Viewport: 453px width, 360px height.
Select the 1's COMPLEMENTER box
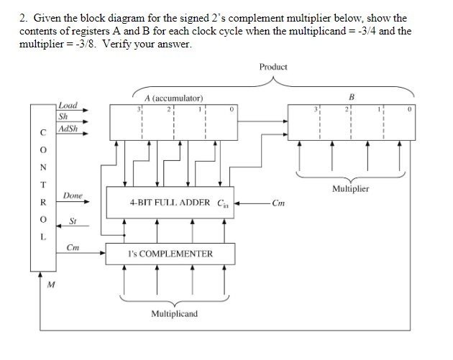click(x=170, y=254)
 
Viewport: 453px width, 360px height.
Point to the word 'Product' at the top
click(x=273, y=67)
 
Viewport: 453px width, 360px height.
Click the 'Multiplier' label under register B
click(x=350, y=189)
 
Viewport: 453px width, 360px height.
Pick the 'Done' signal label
click(x=73, y=195)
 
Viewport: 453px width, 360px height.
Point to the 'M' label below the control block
click(x=49, y=285)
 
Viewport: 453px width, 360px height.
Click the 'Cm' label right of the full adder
click(x=279, y=203)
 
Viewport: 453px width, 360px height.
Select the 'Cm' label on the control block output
click(x=72, y=248)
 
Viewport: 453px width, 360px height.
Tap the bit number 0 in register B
click(x=409, y=110)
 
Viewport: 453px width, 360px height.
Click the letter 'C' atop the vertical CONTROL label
click(x=44, y=132)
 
